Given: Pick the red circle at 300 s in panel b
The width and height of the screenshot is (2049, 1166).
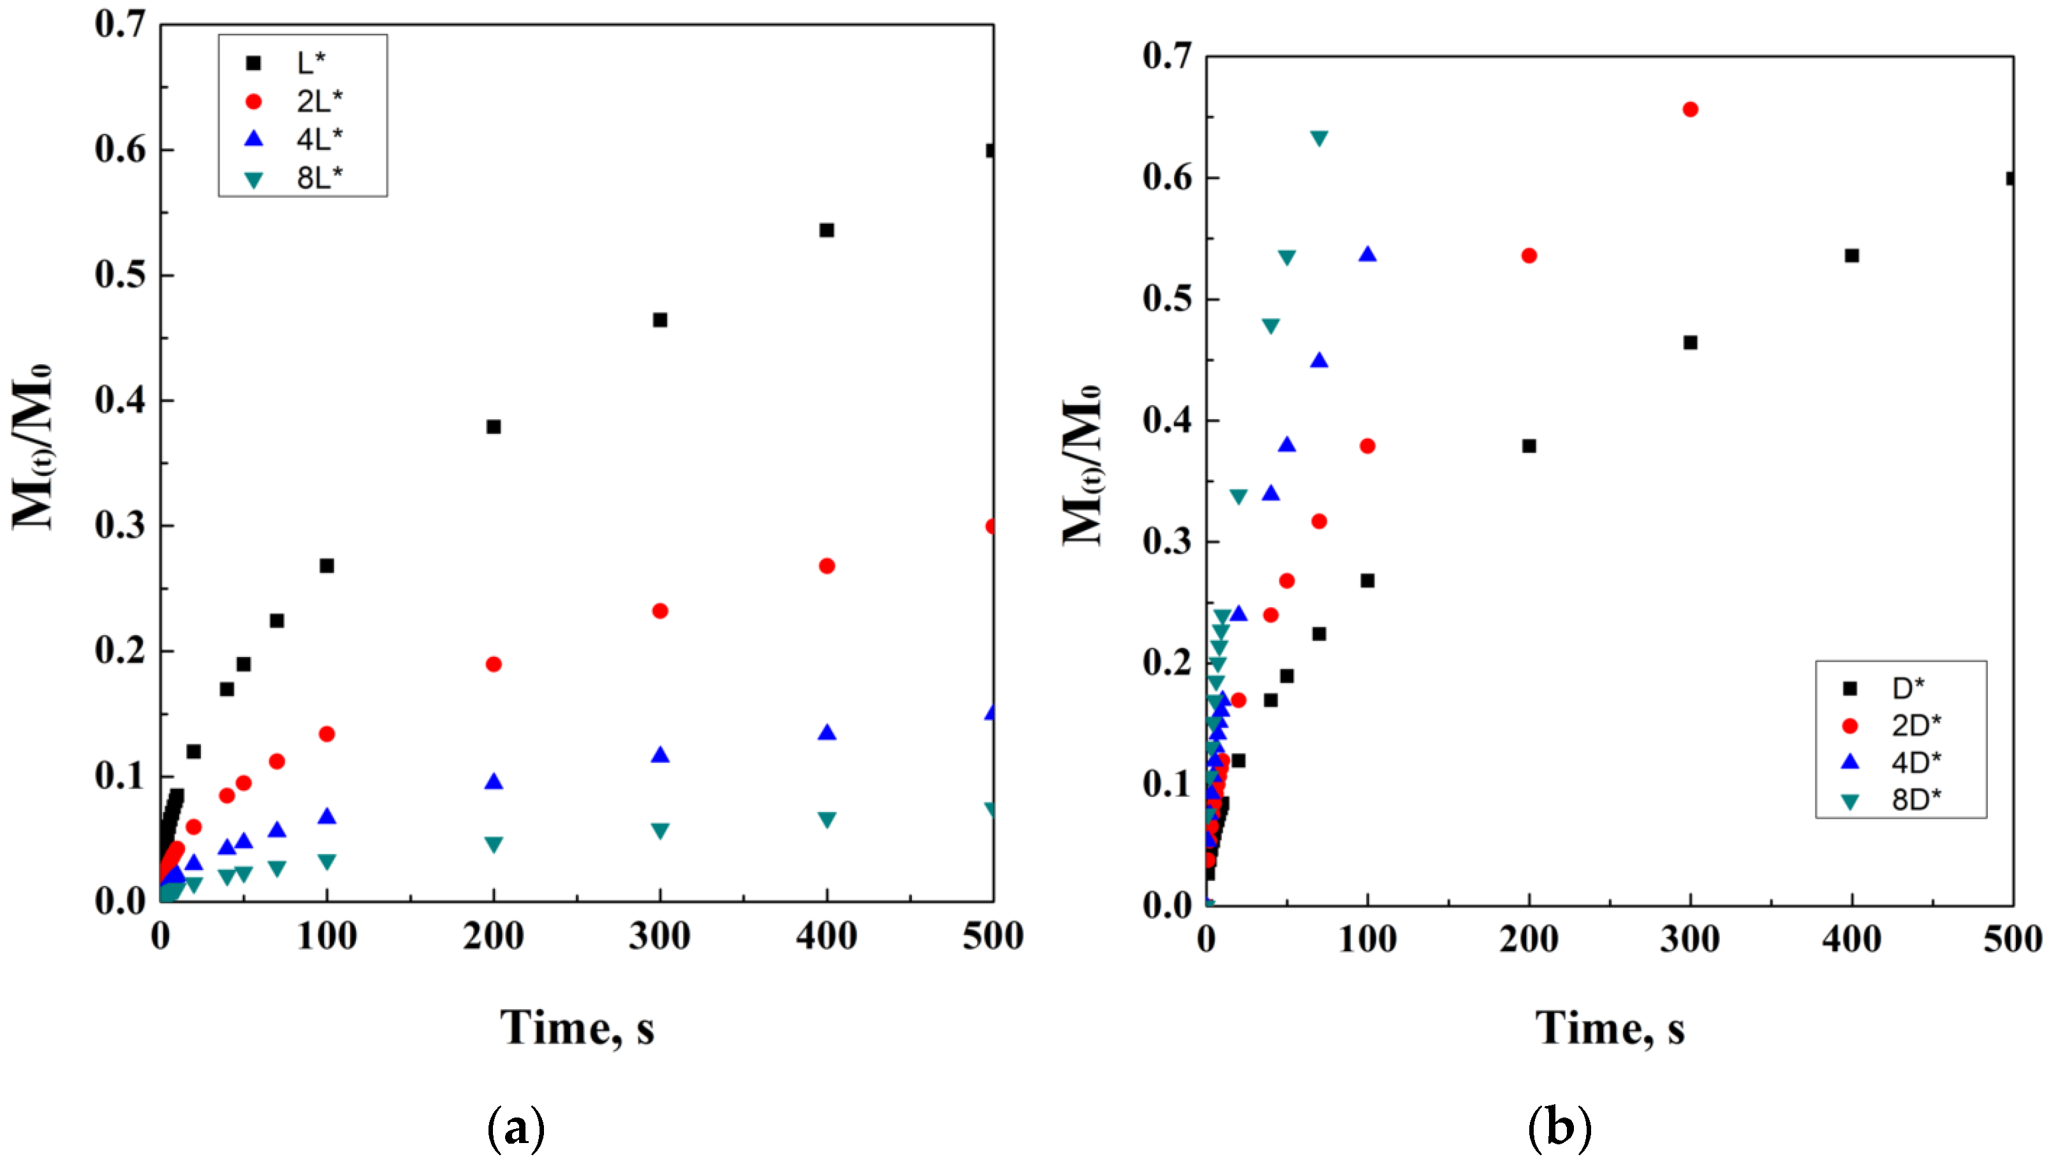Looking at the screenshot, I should [x=1691, y=110].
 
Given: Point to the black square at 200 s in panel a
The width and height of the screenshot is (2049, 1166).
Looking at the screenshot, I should [x=494, y=427].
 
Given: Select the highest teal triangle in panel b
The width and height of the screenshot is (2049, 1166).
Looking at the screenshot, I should [x=1319, y=138].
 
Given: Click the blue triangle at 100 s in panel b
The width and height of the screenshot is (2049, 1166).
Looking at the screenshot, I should [x=1368, y=255].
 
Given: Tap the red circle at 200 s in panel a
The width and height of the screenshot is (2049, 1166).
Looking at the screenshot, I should [x=494, y=664].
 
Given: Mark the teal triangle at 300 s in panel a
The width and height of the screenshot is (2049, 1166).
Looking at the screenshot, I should [x=660, y=831].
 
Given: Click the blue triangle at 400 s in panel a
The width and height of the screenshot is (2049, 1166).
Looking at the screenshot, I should [x=826, y=733].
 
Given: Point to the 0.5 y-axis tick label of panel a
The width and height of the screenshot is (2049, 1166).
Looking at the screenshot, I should [x=120, y=275].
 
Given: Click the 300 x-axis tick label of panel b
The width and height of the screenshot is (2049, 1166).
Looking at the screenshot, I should [x=1689, y=938].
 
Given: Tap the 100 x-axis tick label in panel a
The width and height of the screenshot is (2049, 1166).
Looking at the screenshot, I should [x=327, y=935].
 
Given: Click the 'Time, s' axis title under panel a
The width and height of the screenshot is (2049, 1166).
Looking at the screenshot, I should [x=577, y=1028].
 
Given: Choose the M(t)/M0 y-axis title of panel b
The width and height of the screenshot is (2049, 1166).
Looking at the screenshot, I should [x=1082, y=464].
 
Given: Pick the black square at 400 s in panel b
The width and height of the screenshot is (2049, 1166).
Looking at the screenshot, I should [x=1851, y=256].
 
